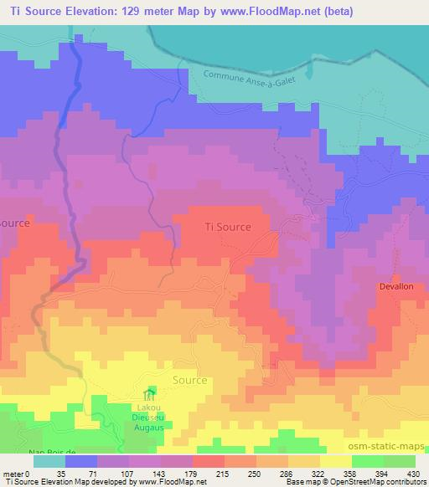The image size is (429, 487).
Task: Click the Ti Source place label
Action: coord(228,226)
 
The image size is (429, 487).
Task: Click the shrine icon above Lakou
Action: coord(151,393)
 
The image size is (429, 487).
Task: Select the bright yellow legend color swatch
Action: coord(335,461)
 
